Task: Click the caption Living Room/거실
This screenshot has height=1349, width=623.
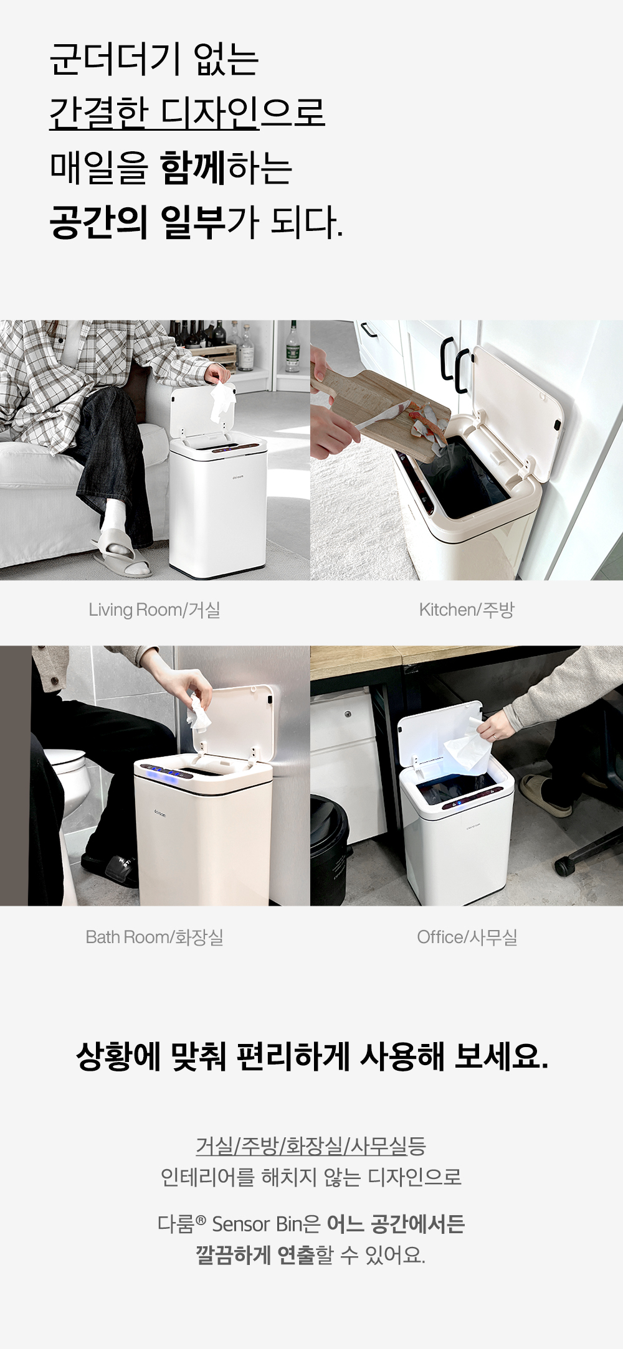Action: click(x=155, y=610)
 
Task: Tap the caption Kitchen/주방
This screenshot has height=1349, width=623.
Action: click(x=467, y=610)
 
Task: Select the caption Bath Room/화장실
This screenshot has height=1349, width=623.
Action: click(x=155, y=937)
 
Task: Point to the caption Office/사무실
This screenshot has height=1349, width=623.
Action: click(x=467, y=937)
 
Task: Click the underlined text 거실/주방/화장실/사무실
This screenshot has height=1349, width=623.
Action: click(x=302, y=1145)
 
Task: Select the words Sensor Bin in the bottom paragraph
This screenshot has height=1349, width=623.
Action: click(x=257, y=1224)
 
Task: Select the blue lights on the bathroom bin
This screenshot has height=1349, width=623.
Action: click(x=164, y=773)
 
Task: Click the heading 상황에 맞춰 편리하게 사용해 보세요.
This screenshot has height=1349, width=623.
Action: click(x=311, y=1056)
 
